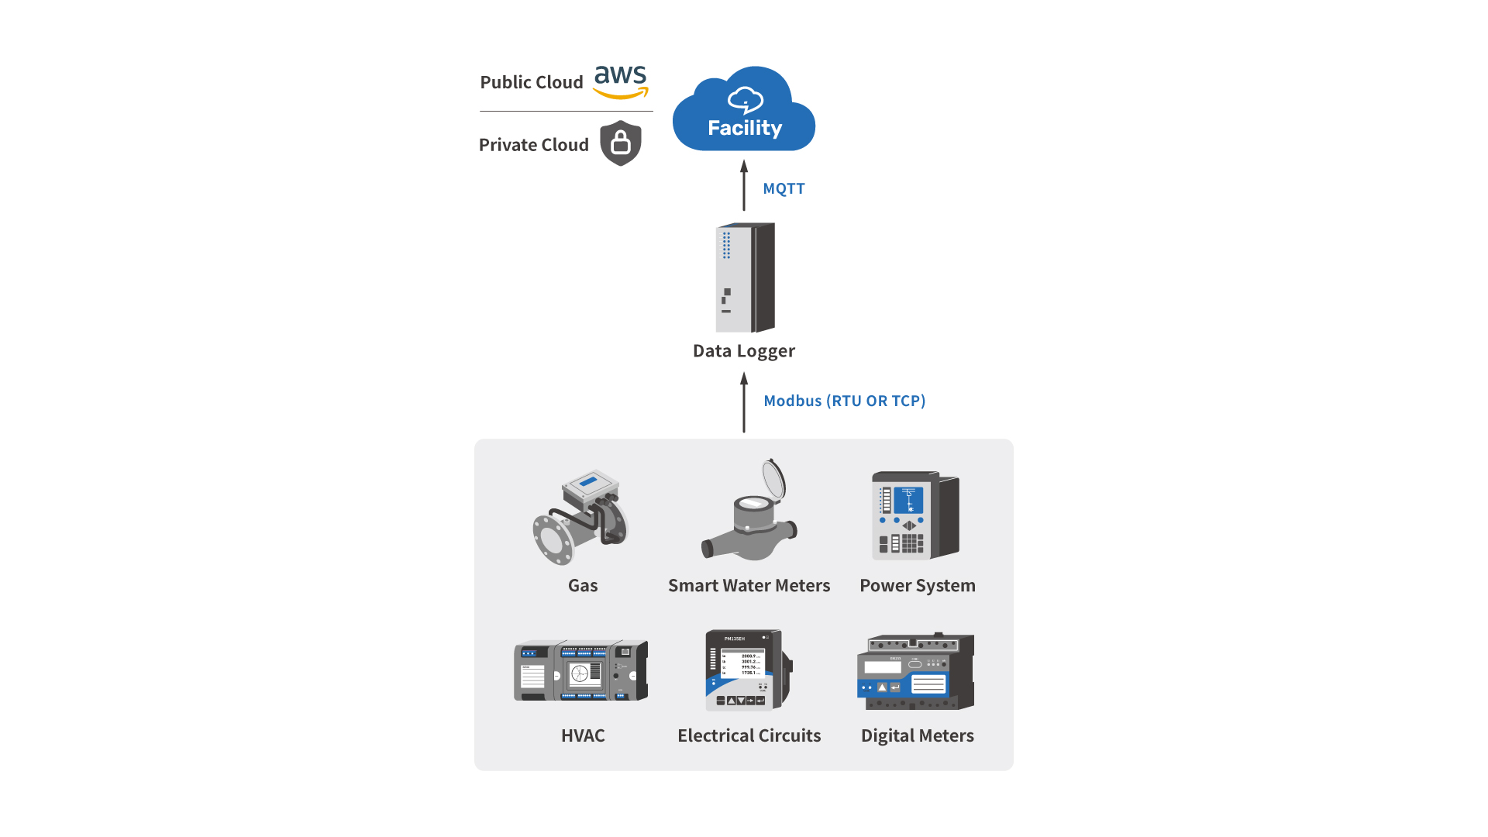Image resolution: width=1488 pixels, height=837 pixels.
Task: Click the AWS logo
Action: [x=620, y=82]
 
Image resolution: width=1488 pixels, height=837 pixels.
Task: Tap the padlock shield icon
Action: [x=621, y=143]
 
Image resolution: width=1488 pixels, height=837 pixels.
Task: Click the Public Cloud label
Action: [x=531, y=82]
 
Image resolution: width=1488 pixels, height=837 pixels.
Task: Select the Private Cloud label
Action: [x=533, y=145]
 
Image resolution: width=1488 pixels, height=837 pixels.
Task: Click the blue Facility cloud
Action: [x=744, y=112]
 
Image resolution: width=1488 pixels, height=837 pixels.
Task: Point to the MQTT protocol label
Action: [x=784, y=188]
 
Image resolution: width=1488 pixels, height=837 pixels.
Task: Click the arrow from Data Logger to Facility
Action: [x=744, y=186]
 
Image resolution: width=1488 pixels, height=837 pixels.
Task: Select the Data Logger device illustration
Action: [x=745, y=277]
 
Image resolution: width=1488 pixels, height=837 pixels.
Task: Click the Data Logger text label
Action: [x=743, y=351]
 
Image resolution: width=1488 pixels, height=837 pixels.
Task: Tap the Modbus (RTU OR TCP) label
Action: [x=844, y=401]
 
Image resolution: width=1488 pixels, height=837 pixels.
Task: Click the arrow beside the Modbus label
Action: [x=744, y=402]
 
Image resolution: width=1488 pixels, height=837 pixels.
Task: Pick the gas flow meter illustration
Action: [x=581, y=516]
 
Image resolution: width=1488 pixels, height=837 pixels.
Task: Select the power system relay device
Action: [x=915, y=515]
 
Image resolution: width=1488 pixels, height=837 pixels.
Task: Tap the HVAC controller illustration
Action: [x=580, y=670]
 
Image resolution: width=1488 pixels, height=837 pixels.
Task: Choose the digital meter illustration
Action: [x=915, y=671]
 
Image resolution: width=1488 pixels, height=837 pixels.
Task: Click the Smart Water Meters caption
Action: [x=749, y=586]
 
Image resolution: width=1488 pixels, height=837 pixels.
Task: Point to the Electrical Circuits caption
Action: [x=749, y=735]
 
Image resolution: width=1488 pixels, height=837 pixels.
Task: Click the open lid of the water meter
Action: [x=773, y=478]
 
